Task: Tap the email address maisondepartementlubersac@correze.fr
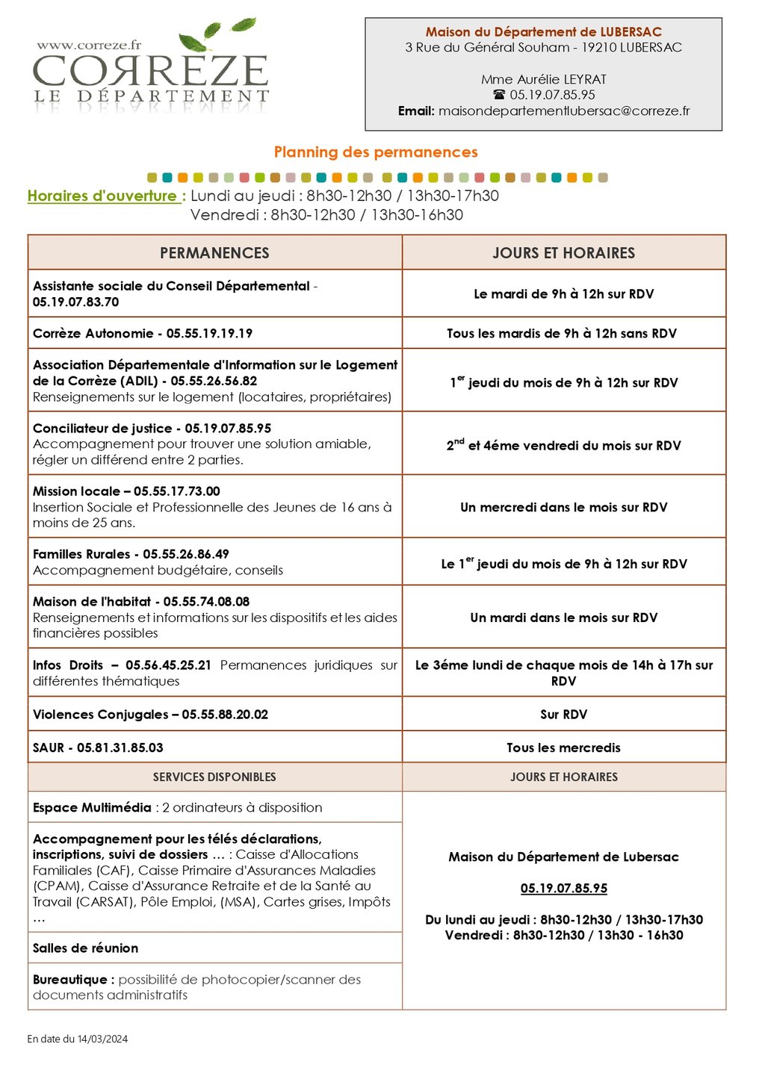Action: coord(564,111)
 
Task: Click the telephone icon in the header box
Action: coord(500,96)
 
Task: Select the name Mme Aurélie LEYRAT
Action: coord(543,79)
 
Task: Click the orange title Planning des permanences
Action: coord(376,152)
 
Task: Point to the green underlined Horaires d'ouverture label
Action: coord(102,196)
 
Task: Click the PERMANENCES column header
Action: coord(214,253)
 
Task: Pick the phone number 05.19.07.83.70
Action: coord(75,302)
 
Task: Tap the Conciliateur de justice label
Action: coord(102,429)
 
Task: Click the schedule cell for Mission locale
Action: coord(563,508)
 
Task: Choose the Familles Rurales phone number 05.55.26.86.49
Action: coord(186,555)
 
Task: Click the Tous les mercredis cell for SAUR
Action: coord(563,748)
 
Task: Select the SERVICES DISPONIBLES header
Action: coord(214,777)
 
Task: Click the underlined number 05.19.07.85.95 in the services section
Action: coord(563,889)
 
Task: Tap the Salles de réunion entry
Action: coord(85,948)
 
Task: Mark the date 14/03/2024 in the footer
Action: coord(102,1039)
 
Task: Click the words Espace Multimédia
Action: coord(92,808)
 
